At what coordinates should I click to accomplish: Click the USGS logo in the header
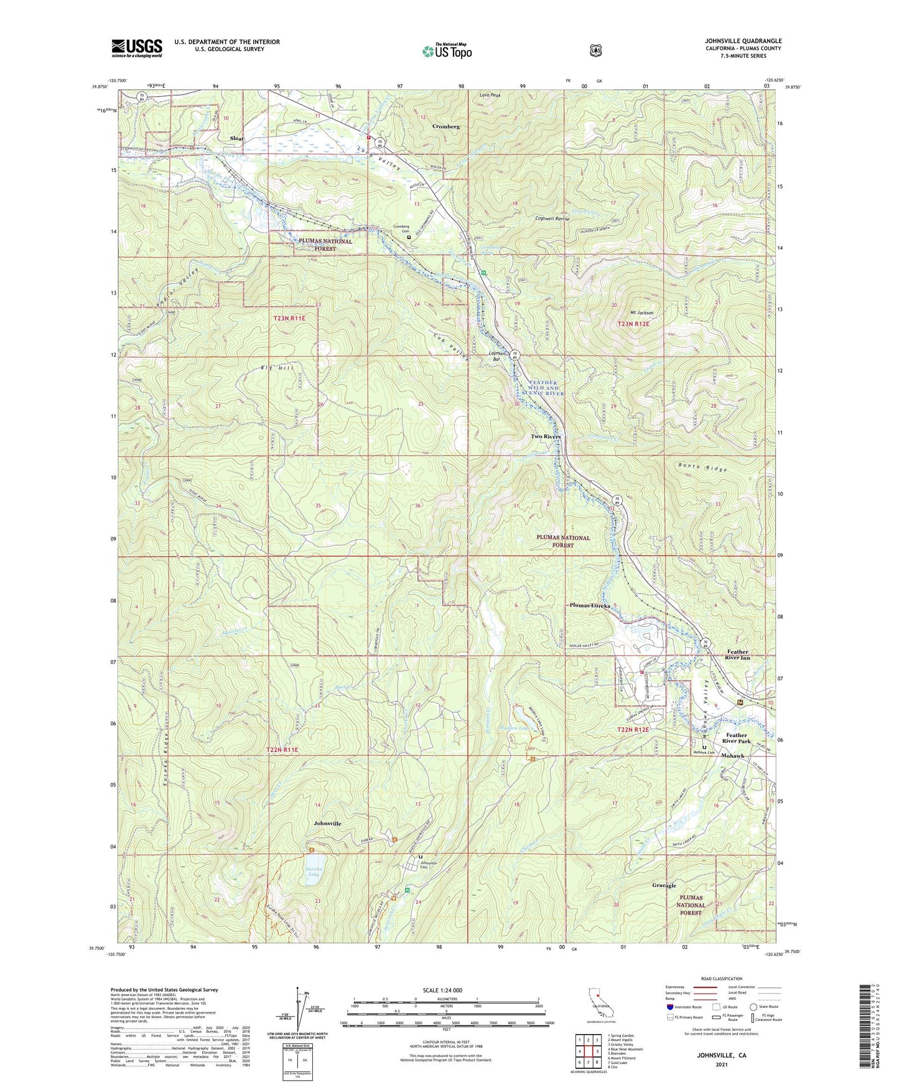pyautogui.click(x=137, y=48)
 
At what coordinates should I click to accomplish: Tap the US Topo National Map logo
pyautogui.click(x=446, y=50)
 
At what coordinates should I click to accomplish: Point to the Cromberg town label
pyautogui.click(x=445, y=126)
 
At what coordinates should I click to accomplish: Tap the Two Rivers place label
pyautogui.click(x=545, y=436)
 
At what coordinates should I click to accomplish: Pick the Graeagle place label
pyautogui.click(x=664, y=885)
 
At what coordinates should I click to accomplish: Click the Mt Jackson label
pyautogui.click(x=641, y=312)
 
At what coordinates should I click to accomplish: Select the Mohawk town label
pyautogui.click(x=732, y=756)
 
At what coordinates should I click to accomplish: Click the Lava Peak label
pyautogui.click(x=490, y=95)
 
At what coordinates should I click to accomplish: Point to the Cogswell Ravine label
pyautogui.click(x=552, y=219)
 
